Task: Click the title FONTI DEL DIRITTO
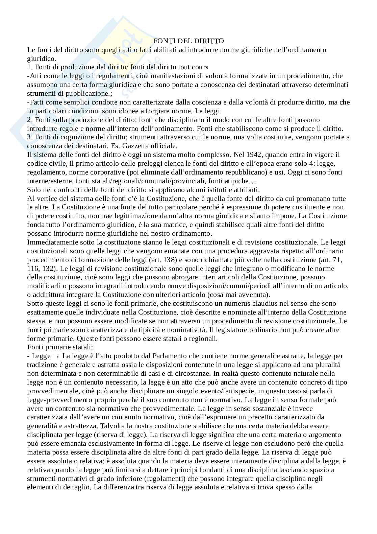pos(188,41)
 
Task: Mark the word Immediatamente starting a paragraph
pos(52,242)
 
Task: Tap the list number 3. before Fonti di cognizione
pos(30,137)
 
